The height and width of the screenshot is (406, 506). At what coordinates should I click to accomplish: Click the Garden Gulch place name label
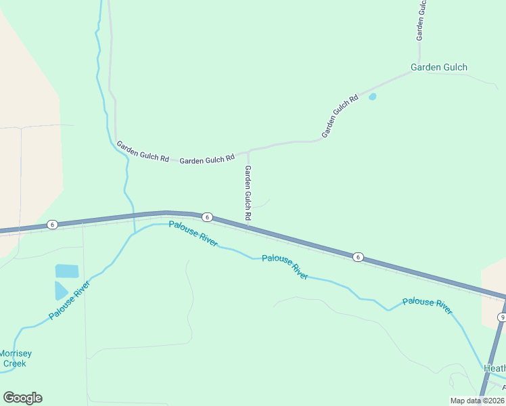tap(439, 67)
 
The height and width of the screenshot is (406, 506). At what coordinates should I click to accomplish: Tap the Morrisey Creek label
tap(15, 358)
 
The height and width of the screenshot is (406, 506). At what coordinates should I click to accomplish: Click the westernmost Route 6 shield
tap(51, 224)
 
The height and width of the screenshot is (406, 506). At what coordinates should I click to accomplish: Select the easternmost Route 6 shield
tap(358, 256)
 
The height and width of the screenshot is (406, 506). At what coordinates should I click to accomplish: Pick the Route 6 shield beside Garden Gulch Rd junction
tap(208, 217)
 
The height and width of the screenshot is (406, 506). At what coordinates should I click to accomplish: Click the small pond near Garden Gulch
tap(372, 97)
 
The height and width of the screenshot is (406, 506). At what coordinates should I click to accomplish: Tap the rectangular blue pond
tap(67, 271)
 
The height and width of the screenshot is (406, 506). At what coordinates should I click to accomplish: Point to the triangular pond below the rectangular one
tap(60, 290)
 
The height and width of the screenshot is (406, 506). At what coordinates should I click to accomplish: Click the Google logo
tap(22, 398)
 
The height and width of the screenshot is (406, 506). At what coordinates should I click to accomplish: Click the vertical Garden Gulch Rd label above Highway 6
tap(248, 192)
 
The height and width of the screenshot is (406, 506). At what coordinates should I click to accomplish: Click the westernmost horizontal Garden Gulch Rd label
tap(142, 151)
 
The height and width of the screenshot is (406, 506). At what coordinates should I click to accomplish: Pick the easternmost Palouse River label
tap(427, 306)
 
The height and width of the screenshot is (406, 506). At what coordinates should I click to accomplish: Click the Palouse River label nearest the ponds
tap(69, 300)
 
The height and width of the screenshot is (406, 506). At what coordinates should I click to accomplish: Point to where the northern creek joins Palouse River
tap(134, 233)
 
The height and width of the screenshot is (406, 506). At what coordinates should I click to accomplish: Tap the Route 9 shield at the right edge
tap(502, 317)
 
